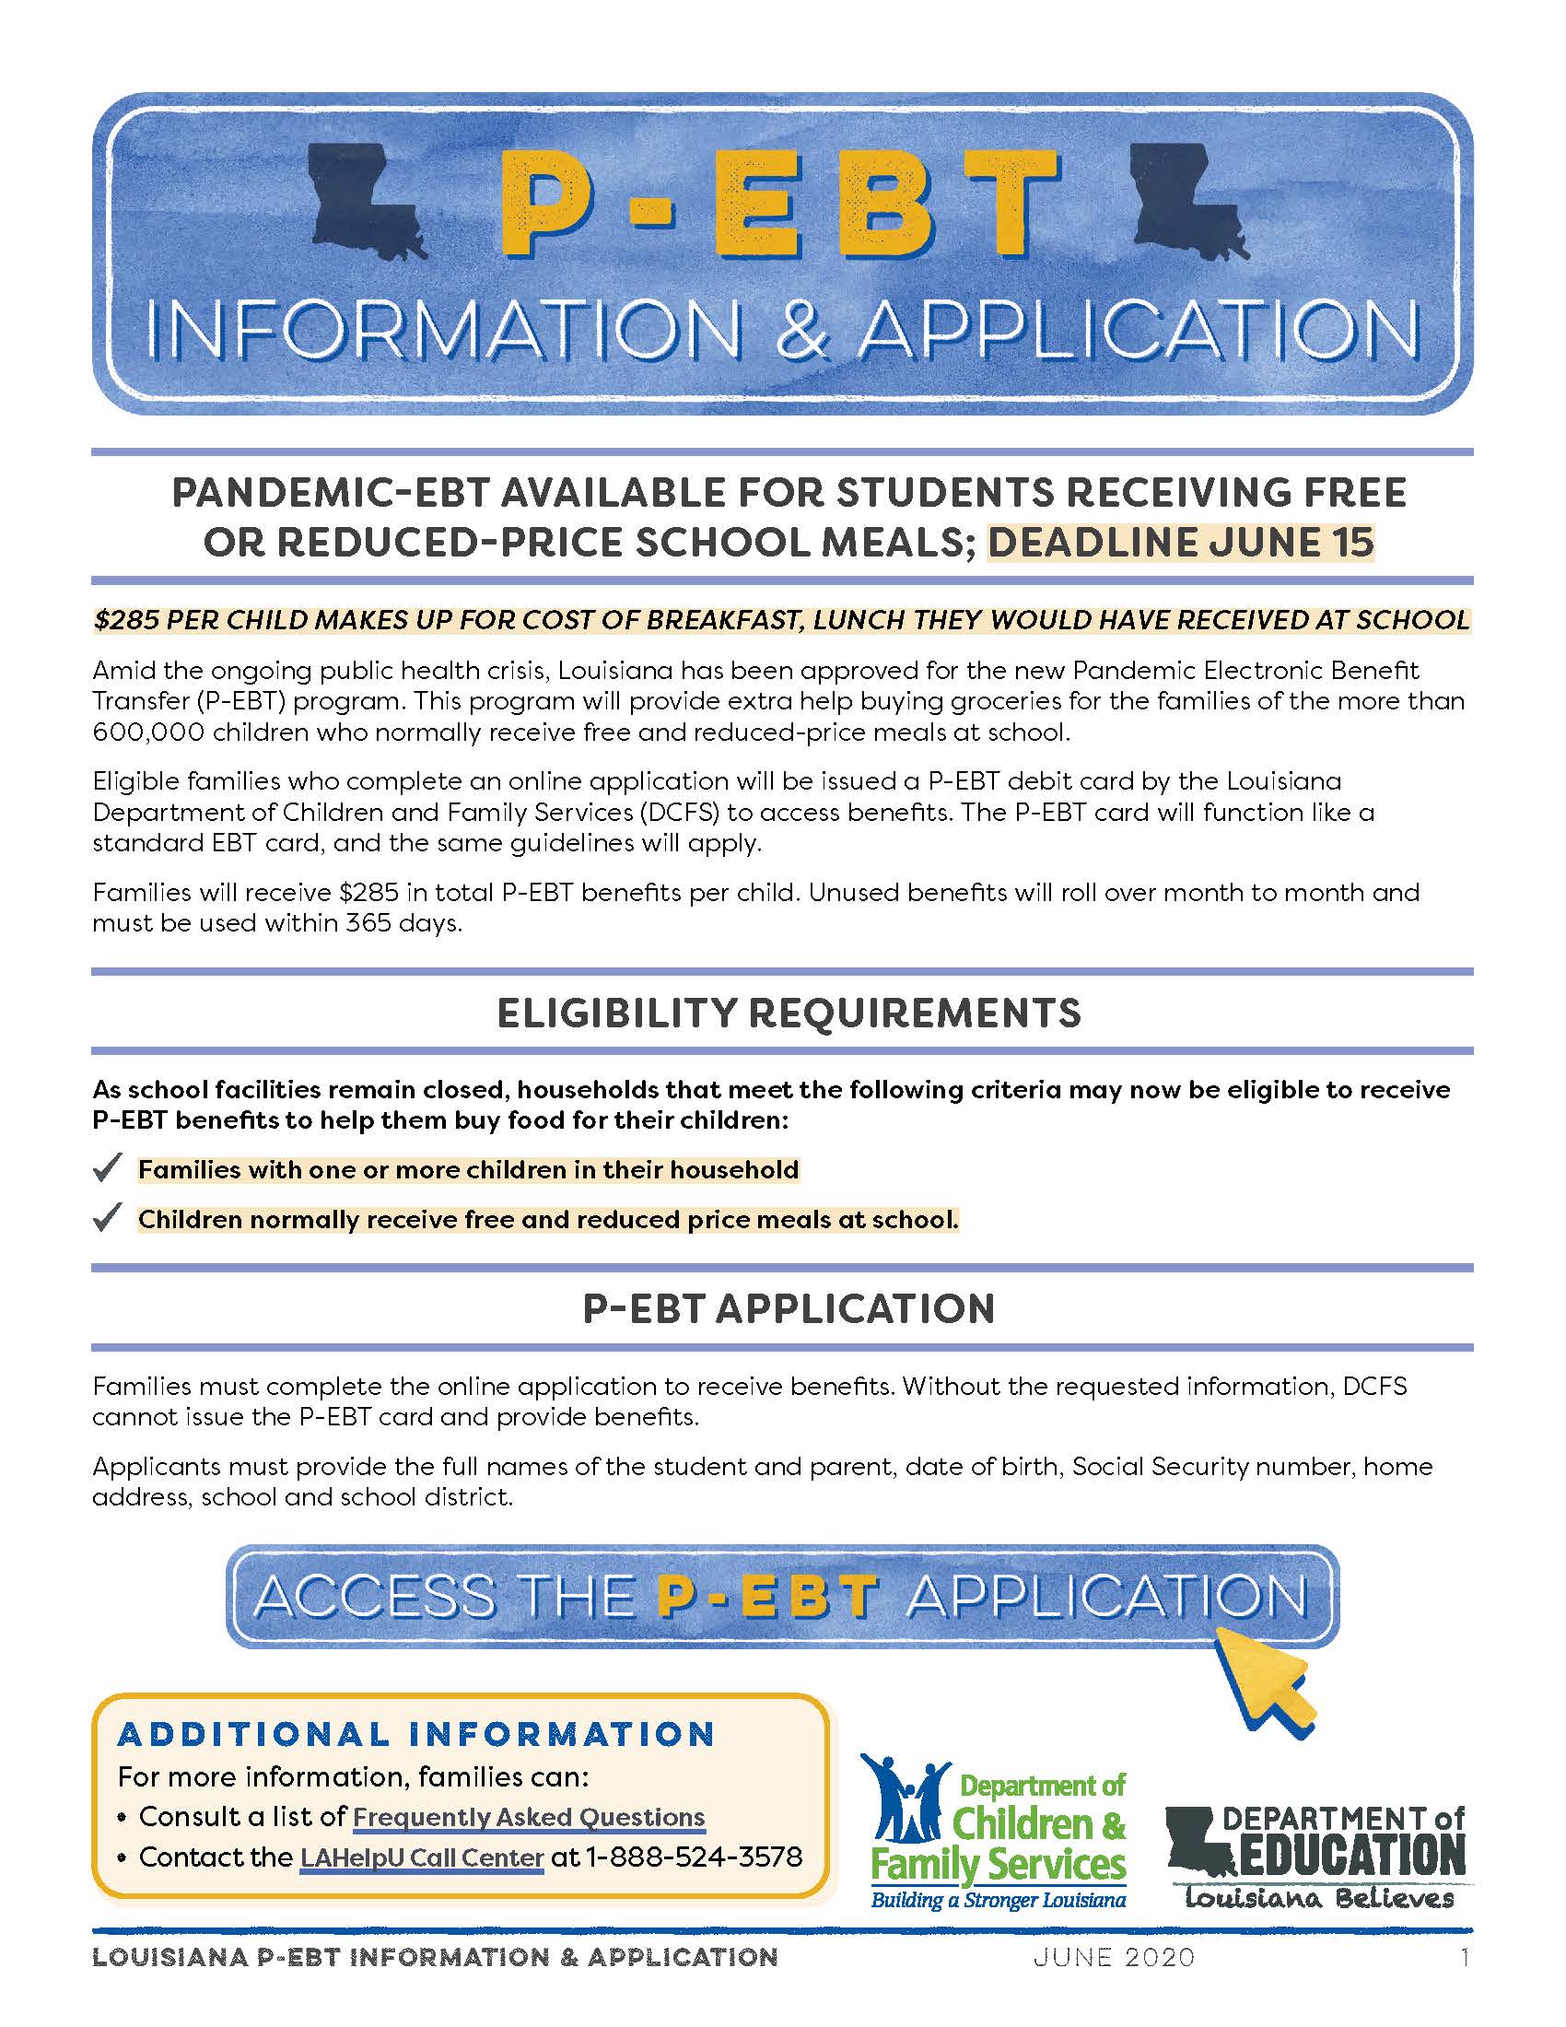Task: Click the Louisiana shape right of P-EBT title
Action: click(x=1183, y=202)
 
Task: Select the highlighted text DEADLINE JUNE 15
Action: click(x=1180, y=543)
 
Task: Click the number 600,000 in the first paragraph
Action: click(x=148, y=732)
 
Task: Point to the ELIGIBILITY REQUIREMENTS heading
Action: click(x=789, y=1013)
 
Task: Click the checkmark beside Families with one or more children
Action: click(x=108, y=1167)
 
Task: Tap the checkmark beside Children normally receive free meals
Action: click(x=108, y=1217)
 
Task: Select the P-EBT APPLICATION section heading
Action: click(x=789, y=1308)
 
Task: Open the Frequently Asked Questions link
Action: click(x=529, y=1816)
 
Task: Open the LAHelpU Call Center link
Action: click(x=421, y=1857)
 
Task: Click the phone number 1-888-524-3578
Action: click(x=694, y=1857)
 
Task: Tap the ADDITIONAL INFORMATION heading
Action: click(x=416, y=1734)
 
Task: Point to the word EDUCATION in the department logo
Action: click(x=1350, y=1855)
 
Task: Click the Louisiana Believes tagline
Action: click(x=1319, y=1899)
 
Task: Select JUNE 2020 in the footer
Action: click(x=1115, y=1957)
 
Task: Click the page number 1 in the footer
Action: click(x=1465, y=1957)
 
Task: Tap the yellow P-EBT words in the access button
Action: click(x=766, y=1597)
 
